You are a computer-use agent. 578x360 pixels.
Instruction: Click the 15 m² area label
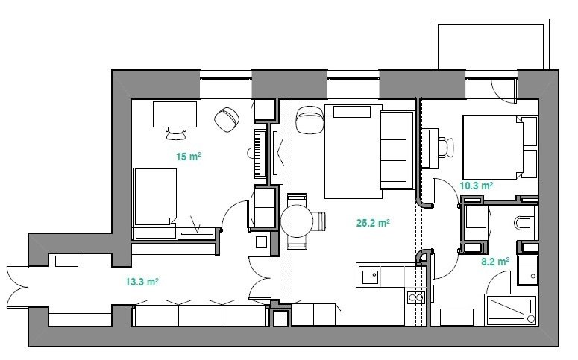pyautogui.click(x=189, y=157)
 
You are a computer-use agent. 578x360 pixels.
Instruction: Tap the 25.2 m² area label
pyautogui.click(x=373, y=223)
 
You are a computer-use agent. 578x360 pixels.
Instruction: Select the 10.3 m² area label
pyautogui.click(x=477, y=186)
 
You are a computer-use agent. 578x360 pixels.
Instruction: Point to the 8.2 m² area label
pyautogui.click(x=495, y=262)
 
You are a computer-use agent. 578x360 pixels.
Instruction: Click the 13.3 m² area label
pyautogui.click(x=142, y=282)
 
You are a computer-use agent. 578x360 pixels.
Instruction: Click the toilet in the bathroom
pyautogui.click(x=524, y=223)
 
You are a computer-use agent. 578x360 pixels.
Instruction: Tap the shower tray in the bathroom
pyautogui.click(x=512, y=309)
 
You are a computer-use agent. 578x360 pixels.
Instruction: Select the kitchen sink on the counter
pyautogui.click(x=370, y=277)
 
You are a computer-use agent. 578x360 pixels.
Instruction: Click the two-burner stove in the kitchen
pyautogui.click(x=416, y=297)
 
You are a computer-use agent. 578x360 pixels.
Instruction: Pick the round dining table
pyautogui.click(x=297, y=221)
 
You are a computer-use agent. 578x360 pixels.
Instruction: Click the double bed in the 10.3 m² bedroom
pyautogui.click(x=500, y=148)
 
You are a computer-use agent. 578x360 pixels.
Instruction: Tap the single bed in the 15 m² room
pyautogui.click(x=156, y=203)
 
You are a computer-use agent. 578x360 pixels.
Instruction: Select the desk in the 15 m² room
pyautogui.click(x=175, y=115)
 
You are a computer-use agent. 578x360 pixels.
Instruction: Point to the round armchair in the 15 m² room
pyautogui.click(x=227, y=119)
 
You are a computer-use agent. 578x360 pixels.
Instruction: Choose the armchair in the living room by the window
pyautogui.click(x=310, y=120)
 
